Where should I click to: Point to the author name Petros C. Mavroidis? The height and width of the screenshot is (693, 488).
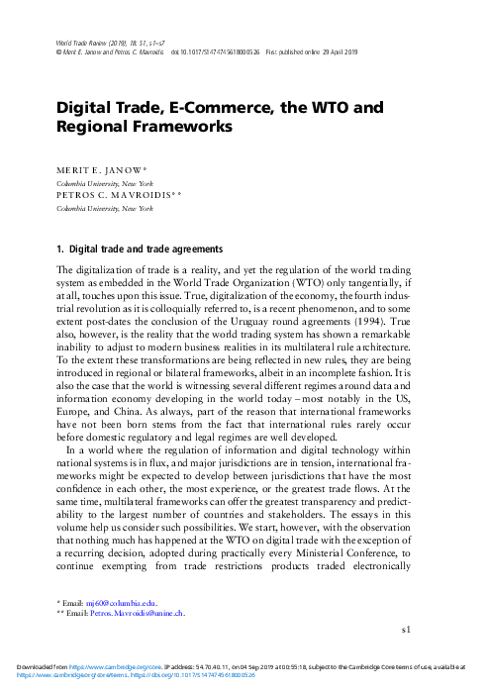(x=115, y=197)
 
